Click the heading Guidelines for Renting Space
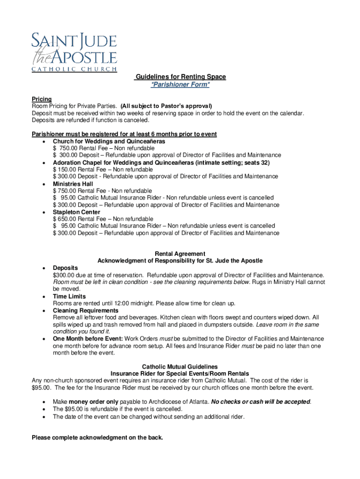tap(180, 77)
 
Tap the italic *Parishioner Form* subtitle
tap(180, 85)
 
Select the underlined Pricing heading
tap(42, 99)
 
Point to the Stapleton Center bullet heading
tap(76, 212)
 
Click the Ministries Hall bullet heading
tap(73, 184)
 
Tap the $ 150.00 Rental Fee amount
tap(65, 169)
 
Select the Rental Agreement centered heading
tap(180, 254)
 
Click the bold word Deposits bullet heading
tap(65, 268)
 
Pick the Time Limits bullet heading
tap(69, 297)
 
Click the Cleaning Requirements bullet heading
tap(86, 311)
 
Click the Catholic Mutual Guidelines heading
tap(180, 367)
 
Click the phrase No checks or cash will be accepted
tap(261, 402)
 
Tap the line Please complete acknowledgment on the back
tap(97, 438)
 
